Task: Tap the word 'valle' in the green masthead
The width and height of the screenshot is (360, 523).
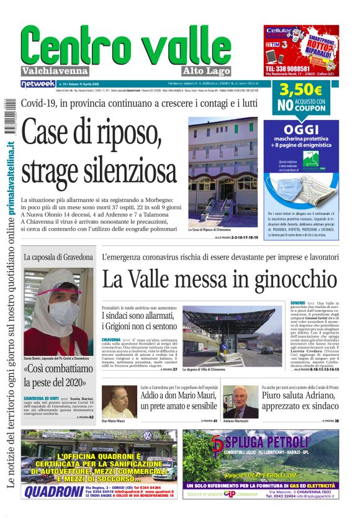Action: click(x=195, y=45)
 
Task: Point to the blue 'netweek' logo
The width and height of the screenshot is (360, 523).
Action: click(x=37, y=83)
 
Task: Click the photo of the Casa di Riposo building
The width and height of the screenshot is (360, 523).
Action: click(x=222, y=171)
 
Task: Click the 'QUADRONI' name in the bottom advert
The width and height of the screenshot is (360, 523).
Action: click(x=53, y=491)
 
